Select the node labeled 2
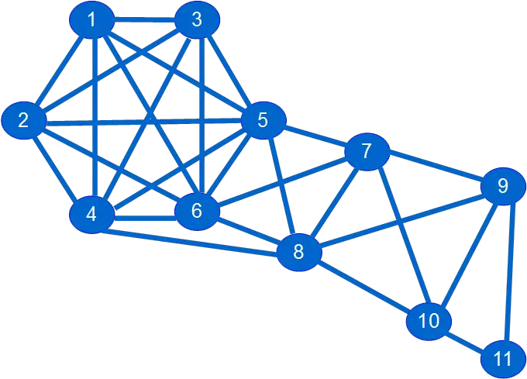click(24, 120)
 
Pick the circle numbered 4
click(91, 214)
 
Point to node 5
click(263, 120)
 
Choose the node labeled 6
click(196, 210)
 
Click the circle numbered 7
click(367, 150)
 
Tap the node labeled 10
click(429, 320)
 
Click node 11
click(502, 359)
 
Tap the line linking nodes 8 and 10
click(364, 286)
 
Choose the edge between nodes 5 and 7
click(315, 135)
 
